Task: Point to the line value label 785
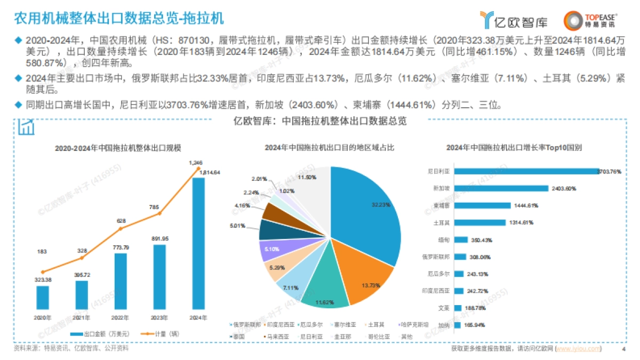(155, 207)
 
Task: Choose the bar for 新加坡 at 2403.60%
(501, 188)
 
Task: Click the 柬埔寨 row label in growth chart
(439, 205)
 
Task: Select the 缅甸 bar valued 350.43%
(461, 239)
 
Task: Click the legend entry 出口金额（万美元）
(101, 334)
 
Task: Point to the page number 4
(623, 349)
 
